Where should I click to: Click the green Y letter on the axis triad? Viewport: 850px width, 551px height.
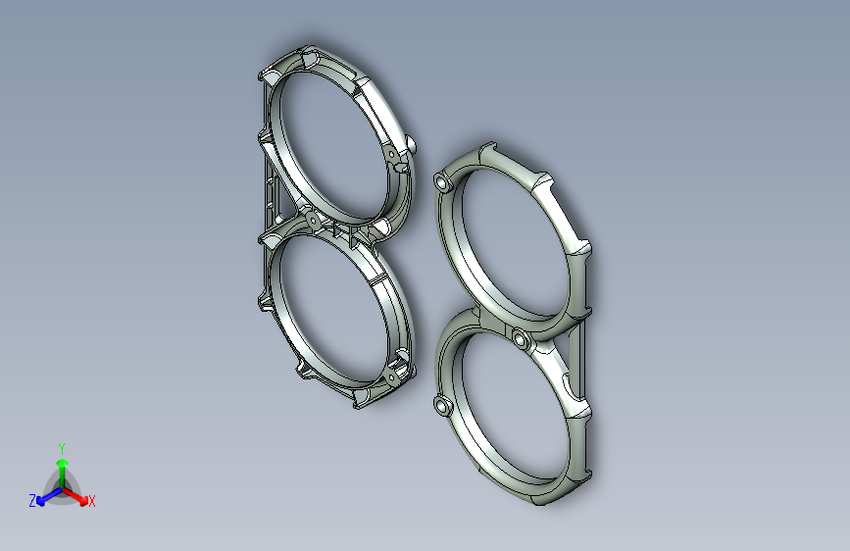pos(62,448)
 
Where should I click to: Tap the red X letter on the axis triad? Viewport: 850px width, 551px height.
pos(91,501)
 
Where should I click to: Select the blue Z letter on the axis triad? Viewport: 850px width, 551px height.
pos(32,501)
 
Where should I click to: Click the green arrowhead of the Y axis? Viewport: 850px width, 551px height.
pos(63,464)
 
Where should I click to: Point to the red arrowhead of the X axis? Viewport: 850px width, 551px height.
pos(83,500)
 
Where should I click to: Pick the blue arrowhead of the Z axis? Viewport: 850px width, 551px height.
pos(40,500)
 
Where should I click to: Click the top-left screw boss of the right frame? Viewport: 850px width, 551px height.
pos(444,182)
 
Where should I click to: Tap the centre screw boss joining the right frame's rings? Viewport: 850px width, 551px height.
pos(521,339)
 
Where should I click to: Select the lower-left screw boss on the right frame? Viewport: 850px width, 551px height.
pos(443,405)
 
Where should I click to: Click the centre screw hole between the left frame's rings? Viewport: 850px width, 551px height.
pos(312,220)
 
